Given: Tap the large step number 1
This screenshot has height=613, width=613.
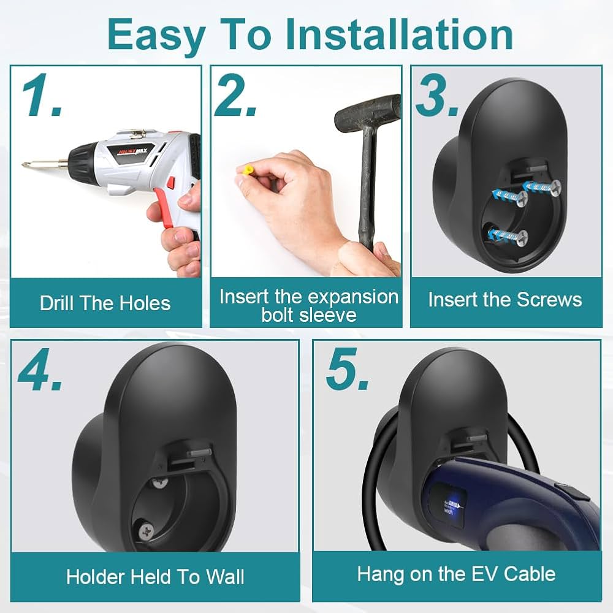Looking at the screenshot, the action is [42, 96].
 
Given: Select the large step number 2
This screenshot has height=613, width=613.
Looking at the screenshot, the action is [235, 95].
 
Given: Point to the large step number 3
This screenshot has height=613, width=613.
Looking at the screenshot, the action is [436, 95].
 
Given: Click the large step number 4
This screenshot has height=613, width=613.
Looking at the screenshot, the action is [40, 370].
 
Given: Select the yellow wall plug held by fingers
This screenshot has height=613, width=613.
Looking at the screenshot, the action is [248, 170].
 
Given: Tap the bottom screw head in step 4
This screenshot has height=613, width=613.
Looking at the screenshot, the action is [147, 531].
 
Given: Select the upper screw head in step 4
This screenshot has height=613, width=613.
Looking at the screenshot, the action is [160, 483].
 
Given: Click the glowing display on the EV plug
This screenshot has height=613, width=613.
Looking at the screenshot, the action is [453, 506].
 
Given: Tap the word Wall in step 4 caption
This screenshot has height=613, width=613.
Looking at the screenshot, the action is [226, 577].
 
